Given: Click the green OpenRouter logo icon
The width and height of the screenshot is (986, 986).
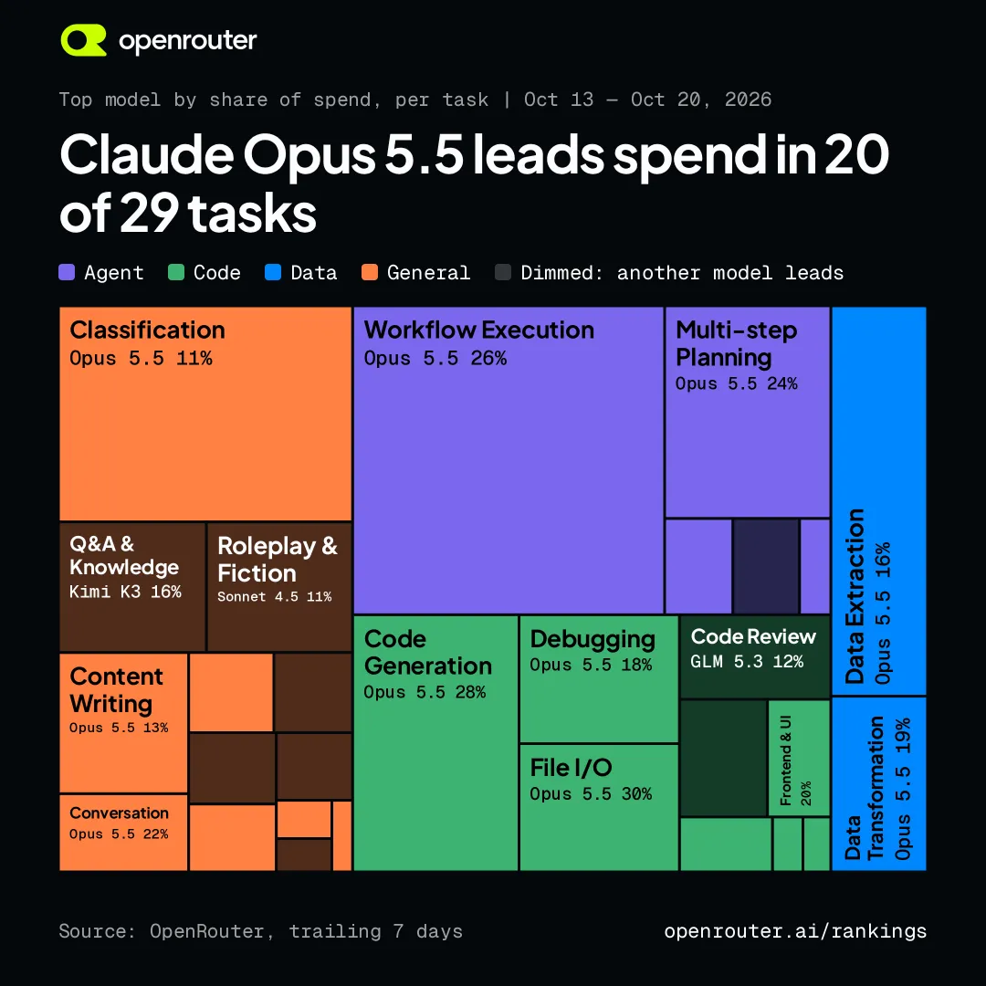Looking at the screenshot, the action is click(x=83, y=40).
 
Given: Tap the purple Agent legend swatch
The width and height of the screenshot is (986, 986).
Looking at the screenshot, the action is click(x=67, y=272).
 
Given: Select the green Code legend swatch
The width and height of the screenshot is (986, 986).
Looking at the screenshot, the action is click(x=176, y=272).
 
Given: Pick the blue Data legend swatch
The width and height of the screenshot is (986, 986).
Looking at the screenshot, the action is click(x=273, y=272).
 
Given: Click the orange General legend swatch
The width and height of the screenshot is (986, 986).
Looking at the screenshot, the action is click(x=370, y=272).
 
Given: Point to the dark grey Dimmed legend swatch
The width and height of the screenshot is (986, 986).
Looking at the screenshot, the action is click(x=503, y=272).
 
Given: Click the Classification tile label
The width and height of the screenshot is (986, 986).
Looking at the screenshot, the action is click(x=147, y=330).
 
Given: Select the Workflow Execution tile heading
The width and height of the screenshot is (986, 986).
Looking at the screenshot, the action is click(x=479, y=330).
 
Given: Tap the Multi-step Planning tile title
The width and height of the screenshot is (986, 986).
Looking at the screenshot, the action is click(x=737, y=344).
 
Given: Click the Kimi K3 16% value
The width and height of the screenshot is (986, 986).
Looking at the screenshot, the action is click(x=125, y=592).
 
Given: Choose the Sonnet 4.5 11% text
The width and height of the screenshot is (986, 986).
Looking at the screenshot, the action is click(x=274, y=597).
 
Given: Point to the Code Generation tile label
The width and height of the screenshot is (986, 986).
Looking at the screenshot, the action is click(x=427, y=653).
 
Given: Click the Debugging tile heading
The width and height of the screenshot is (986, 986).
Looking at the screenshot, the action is click(x=593, y=639).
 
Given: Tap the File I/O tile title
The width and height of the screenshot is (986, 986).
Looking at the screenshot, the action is click(x=571, y=768).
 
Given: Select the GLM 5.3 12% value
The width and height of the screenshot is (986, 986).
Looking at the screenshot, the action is click(x=747, y=662).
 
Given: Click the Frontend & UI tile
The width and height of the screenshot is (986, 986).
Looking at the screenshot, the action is click(x=799, y=758).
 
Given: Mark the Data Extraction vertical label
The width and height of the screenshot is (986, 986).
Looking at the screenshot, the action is click(x=855, y=596).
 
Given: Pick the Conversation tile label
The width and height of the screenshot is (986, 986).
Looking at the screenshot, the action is click(x=119, y=813).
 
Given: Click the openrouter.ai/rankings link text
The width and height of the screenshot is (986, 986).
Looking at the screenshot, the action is click(x=795, y=931).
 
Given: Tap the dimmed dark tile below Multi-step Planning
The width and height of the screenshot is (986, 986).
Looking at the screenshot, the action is click(x=766, y=566).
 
